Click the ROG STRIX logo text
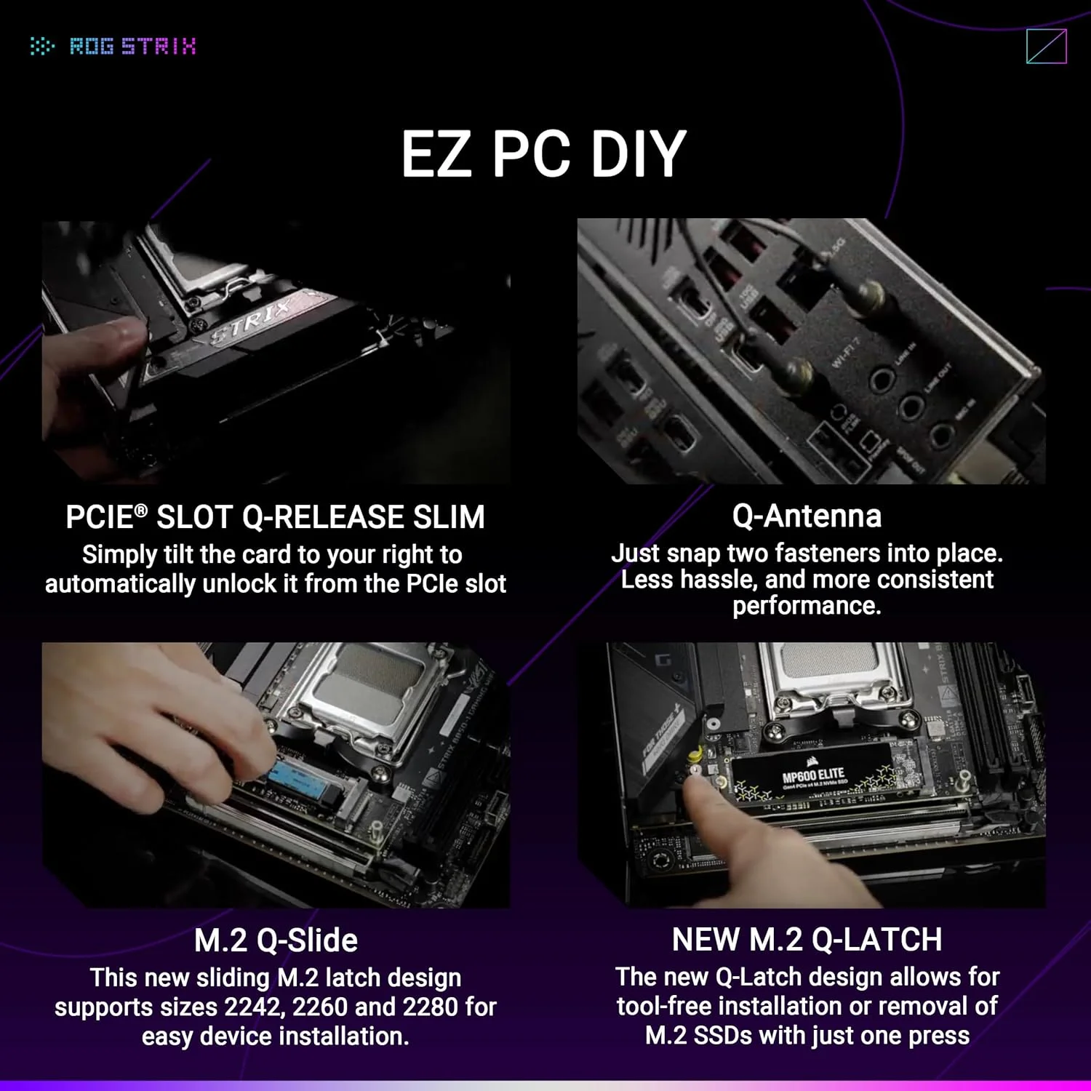click(132, 47)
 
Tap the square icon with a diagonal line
click(1046, 47)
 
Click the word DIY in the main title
click(638, 153)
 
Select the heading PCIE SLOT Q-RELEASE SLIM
click(275, 517)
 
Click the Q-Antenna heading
click(807, 516)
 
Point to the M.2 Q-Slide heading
click(276, 940)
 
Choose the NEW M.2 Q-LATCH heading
click(807, 939)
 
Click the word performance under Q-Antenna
click(806, 605)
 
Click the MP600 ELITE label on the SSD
click(812, 775)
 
